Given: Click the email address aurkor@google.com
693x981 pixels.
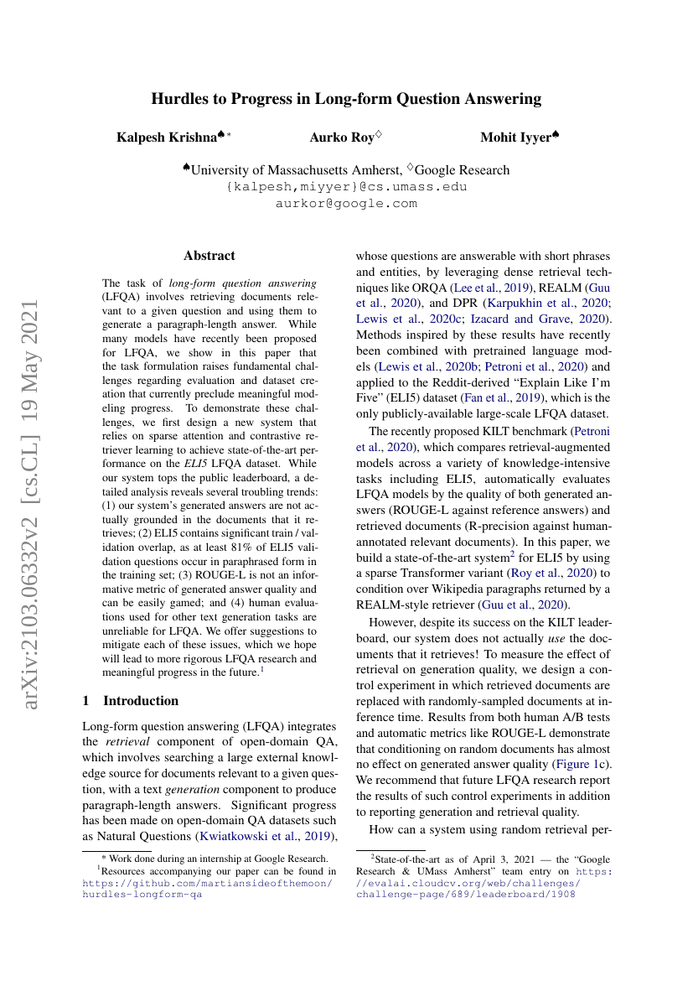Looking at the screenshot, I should (346, 203).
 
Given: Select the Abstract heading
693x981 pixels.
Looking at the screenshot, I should (209, 256).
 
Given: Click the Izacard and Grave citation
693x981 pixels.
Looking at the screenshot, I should (559, 319).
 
